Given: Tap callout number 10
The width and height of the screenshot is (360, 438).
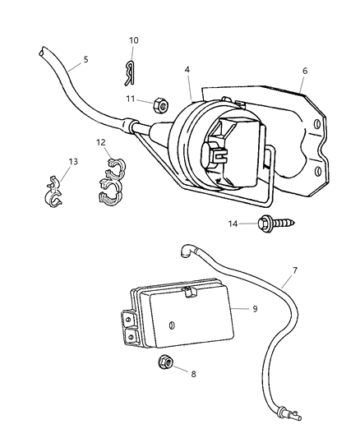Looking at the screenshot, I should pos(134,40).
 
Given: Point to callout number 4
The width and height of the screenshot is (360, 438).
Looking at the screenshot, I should pos(188,71).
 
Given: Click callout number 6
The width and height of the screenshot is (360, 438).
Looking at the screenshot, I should pos(304,71).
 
